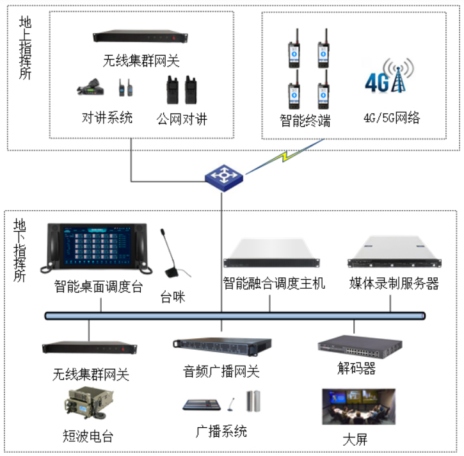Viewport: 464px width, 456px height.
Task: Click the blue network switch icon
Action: pyautogui.click(x=224, y=177)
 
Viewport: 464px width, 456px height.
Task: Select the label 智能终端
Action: pyautogui.click(x=305, y=120)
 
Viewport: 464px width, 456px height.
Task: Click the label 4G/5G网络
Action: pyautogui.click(x=392, y=118)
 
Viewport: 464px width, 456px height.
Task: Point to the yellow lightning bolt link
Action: pyautogui.click(x=285, y=156)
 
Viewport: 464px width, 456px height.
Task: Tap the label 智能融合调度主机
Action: pyautogui.click(x=274, y=283)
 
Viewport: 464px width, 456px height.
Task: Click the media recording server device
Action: pyautogui.click(x=394, y=252)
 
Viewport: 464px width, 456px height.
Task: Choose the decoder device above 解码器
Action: pyautogui.click(x=360, y=346)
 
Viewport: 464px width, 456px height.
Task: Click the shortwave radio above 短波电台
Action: pyautogui.click(x=88, y=403)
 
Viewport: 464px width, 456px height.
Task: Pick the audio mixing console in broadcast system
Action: pyautogui.click(x=202, y=405)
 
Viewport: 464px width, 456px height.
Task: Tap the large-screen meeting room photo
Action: pyautogui.click(x=358, y=407)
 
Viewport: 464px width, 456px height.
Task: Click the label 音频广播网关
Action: pyautogui.click(x=221, y=371)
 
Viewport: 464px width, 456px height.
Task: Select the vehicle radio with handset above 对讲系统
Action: pyautogui.click(x=90, y=87)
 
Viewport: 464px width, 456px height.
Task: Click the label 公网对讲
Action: pyautogui.click(x=182, y=119)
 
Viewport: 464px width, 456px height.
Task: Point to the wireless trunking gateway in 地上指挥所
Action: pyautogui.click(x=140, y=37)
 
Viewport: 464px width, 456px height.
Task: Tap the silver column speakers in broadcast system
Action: pyautogui.click(x=253, y=401)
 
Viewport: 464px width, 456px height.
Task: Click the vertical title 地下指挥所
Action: pyautogui.click(x=20, y=250)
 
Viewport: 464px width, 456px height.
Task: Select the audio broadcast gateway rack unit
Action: pyautogui.click(x=222, y=346)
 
